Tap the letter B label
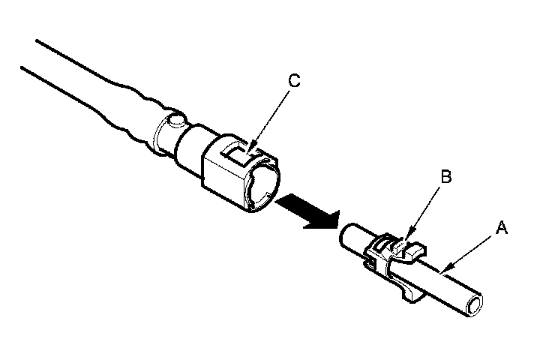pos(445,178)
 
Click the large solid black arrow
pos(305,210)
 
